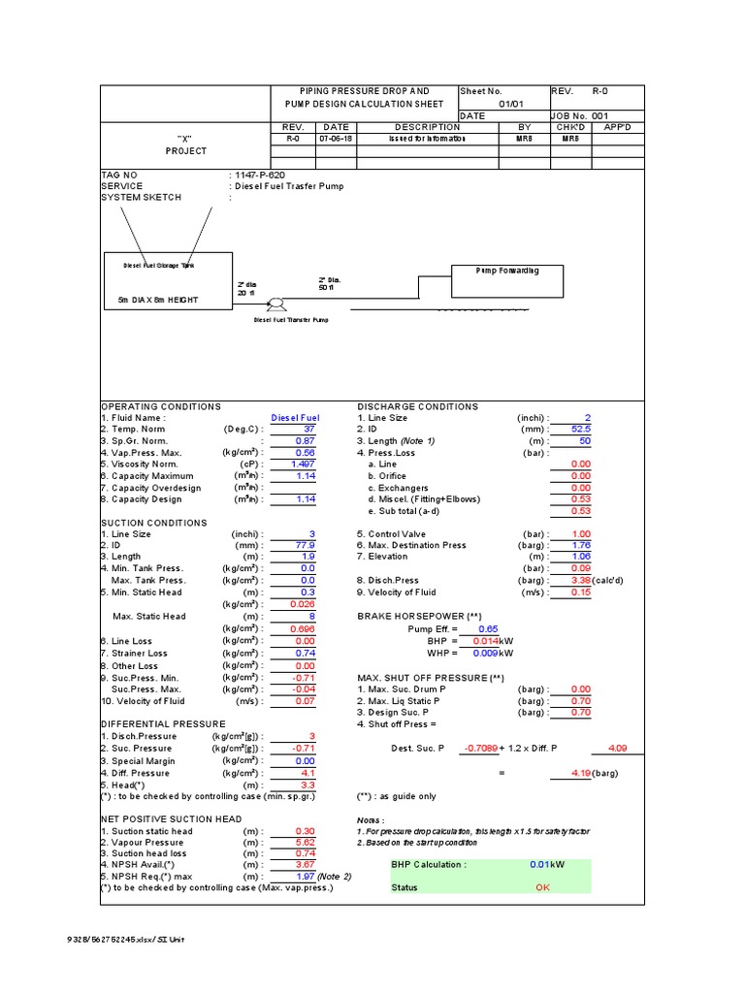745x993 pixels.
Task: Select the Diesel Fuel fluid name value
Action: [295, 418]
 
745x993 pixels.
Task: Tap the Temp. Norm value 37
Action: [309, 430]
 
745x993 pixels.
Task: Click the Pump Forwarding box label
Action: [506, 271]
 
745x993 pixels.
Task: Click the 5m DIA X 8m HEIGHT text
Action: [151, 300]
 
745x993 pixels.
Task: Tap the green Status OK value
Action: [541, 887]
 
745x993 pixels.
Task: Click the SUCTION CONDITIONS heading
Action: [154, 523]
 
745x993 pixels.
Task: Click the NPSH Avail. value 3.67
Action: [307, 865]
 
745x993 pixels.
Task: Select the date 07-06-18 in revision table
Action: [336, 139]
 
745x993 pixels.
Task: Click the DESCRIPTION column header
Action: [428, 127]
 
